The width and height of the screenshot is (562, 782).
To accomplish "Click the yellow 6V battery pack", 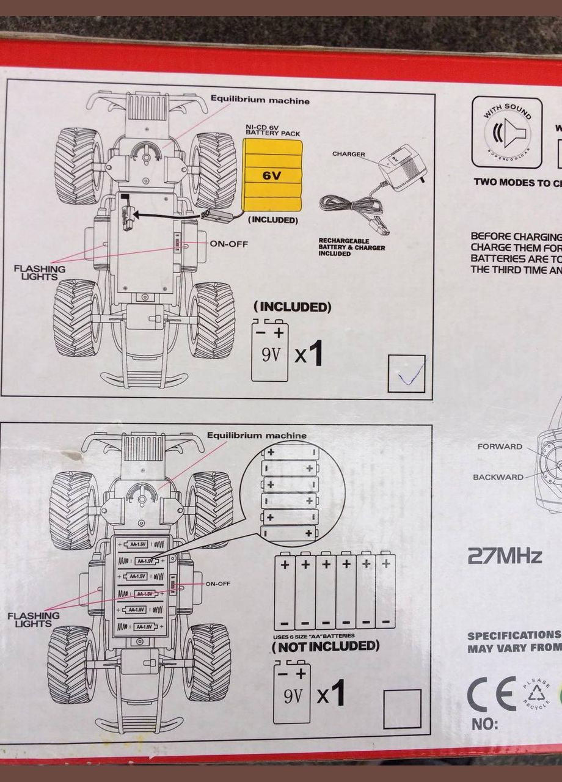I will click(x=272, y=175).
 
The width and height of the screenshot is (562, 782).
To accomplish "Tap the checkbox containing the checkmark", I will click(x=406, y=374).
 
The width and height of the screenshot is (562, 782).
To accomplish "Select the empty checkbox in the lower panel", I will click(x=402, y=709).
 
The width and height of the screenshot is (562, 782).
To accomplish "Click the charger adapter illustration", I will click(x=397, y=166).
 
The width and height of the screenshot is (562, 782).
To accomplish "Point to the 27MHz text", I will click(x=504, y=556).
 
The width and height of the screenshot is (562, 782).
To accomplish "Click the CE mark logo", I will click(x=492, y=695).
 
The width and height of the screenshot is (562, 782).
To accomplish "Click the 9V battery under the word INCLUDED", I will click(x=270, y=352).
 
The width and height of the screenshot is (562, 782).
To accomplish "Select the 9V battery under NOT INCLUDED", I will click(x=291, y=693).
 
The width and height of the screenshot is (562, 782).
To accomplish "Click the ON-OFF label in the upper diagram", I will click(x=228, y=244).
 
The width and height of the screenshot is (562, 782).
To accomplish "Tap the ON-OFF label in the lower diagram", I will click(x=217, y=583).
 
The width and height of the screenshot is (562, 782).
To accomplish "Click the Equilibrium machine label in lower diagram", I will click(x=257, y=436).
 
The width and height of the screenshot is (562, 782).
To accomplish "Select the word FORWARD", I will click(x=500, y=447).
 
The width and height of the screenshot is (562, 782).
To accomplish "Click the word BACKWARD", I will click(x=498, y=477).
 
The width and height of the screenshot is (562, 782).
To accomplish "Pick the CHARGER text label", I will click(x=348, y=154).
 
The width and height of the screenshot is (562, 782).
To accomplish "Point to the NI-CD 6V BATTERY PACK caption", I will click(x=272, y=130).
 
